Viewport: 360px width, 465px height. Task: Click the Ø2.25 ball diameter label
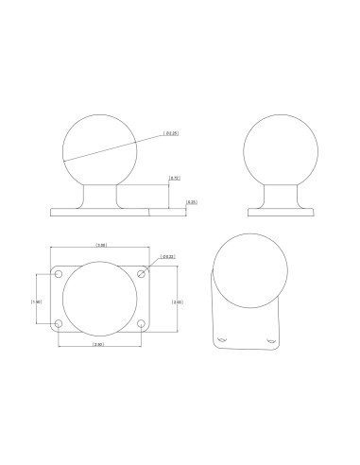[x=171, y=134]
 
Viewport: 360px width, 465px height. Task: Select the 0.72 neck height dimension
[x=174, y=179]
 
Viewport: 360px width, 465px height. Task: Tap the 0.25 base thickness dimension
[x=191, y=201]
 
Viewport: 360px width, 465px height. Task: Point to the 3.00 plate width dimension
[x=101, y=246]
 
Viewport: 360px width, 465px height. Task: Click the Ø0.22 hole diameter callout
[x=167, y=256]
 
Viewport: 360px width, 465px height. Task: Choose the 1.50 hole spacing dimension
[x=37, y=301]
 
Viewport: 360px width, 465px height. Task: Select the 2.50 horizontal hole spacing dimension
[x=98, y=345]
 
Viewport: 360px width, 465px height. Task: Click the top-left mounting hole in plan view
[x=59, y=275]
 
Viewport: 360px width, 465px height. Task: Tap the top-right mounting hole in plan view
[x=141, y=275]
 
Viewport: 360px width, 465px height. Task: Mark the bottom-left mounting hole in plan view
[x=59, y=325]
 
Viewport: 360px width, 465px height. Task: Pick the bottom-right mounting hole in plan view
[x=141, y=325]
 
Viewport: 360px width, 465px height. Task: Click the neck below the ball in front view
[x=99, y=194]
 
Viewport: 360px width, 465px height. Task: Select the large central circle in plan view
[x=99, y=300]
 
